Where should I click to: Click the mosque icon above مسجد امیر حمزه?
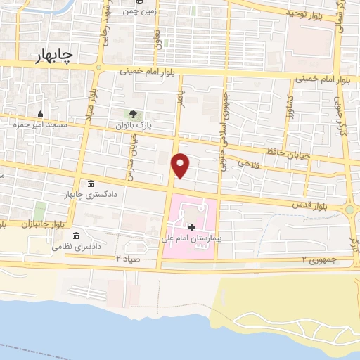40,115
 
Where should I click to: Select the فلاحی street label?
247,163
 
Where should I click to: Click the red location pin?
181,165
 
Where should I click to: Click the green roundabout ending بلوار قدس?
349,210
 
